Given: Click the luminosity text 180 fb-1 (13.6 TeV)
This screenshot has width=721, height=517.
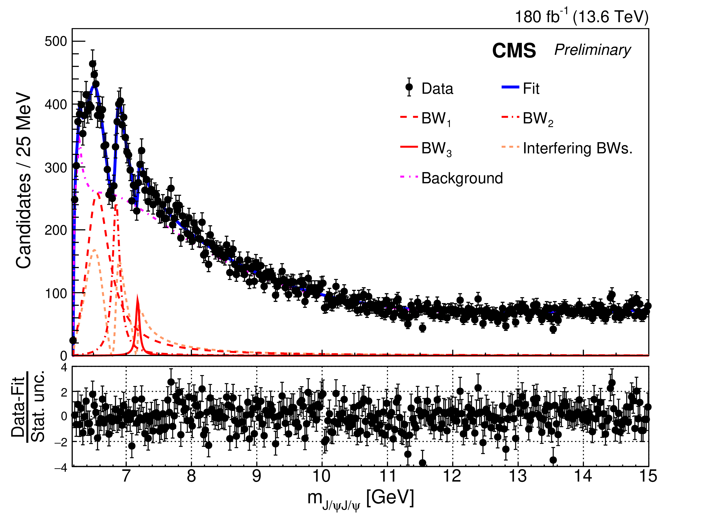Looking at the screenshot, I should (x=581, y=16).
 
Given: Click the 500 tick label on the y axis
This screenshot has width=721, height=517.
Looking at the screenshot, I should (x=56, y=42).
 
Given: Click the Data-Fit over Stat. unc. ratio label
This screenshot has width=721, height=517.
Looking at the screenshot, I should (x=28, y=406).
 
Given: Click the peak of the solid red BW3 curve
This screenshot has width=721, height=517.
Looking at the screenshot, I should (x=138, y=297).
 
